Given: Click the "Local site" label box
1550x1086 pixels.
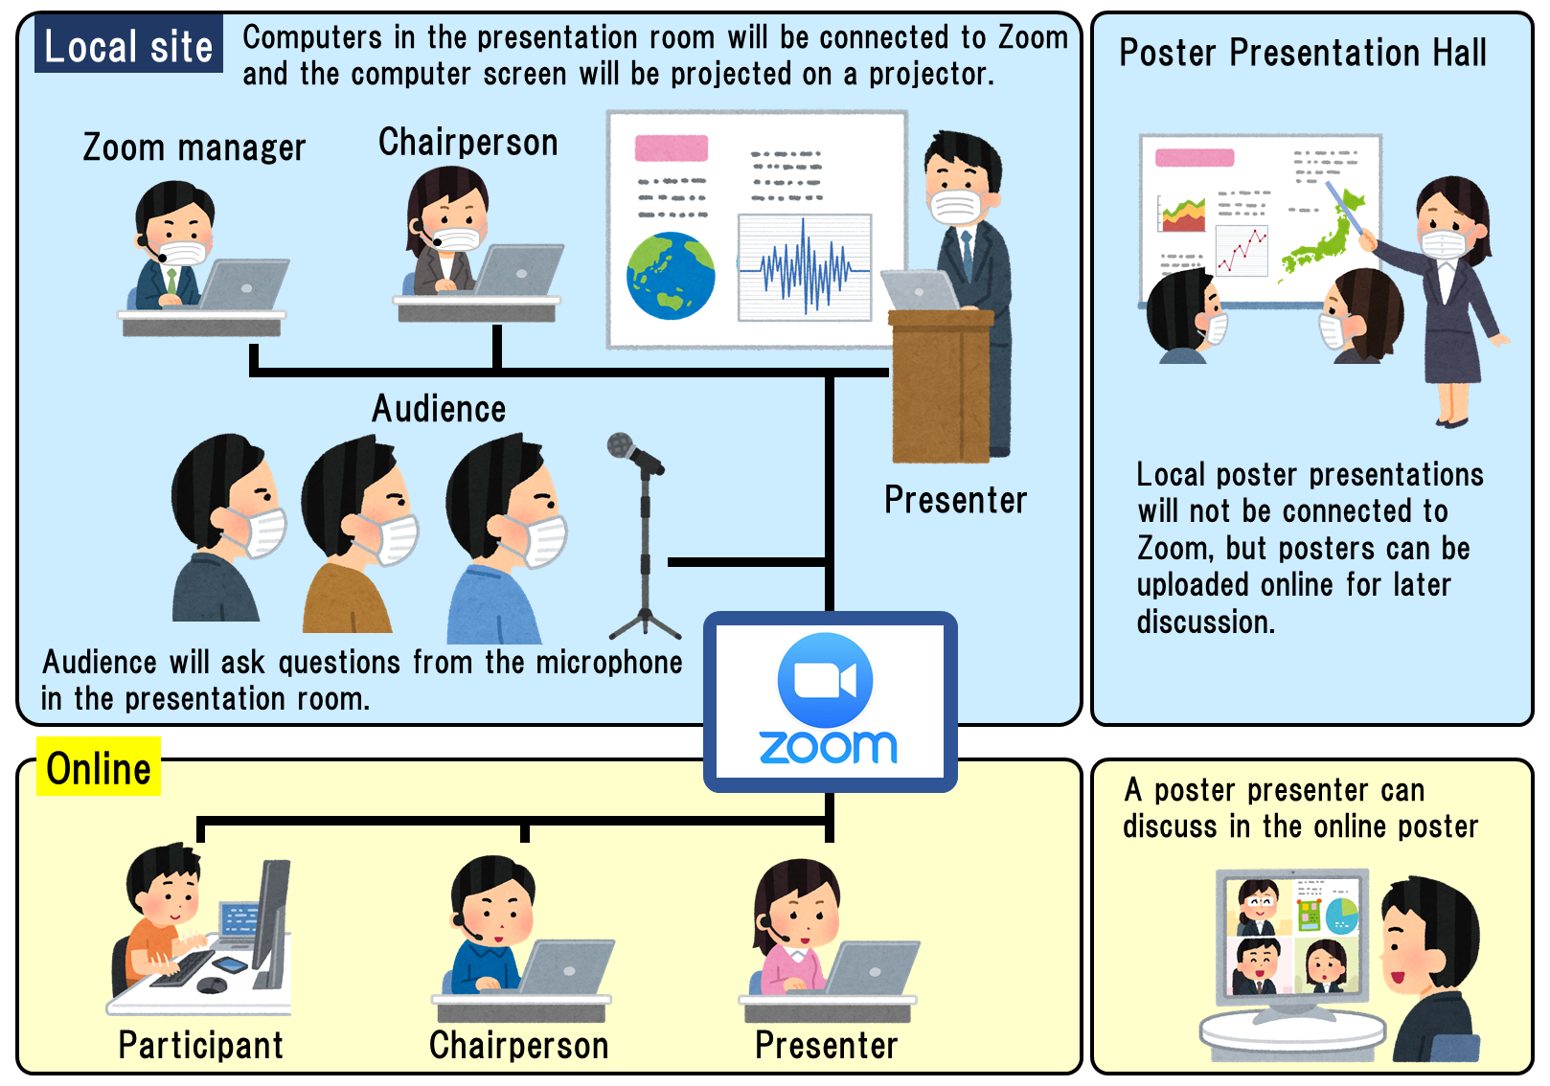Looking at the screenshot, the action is tap(128, 44).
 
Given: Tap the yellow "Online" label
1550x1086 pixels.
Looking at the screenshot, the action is tap(99, 767).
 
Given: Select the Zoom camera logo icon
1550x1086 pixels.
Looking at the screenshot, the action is tap(825, 680).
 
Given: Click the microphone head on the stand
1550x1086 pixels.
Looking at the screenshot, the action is tap(621, 444).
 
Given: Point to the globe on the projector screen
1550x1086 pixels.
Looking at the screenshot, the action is tap(670, 275).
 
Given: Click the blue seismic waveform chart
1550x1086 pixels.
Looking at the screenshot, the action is tap(804, 268).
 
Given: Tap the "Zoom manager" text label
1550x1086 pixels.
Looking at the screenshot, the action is tap(194, 147).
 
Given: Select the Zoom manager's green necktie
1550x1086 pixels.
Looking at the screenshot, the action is tap(171, 282).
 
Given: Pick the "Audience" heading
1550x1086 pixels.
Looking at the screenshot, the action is tap(439, 408).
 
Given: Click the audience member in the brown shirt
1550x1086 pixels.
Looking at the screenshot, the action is tap(359, 533).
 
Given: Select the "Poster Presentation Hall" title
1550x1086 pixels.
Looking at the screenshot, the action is tap(1302, 53).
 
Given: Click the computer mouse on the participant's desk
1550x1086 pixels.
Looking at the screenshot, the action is tap(212, 984).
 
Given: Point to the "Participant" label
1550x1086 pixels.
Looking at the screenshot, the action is tap(200, 1045).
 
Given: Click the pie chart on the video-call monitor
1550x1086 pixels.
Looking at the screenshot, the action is tap(1341, 916).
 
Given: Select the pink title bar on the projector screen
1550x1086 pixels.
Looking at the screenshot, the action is tap(672, 148).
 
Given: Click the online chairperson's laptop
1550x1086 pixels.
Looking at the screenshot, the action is tap(565, 967).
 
